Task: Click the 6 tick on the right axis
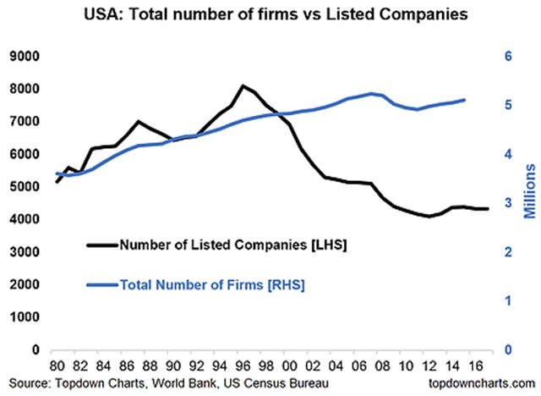pos(510,56)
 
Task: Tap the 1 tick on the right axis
pos(510,300)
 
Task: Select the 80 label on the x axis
pos(57,366)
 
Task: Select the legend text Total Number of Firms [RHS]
pos(212,285)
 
